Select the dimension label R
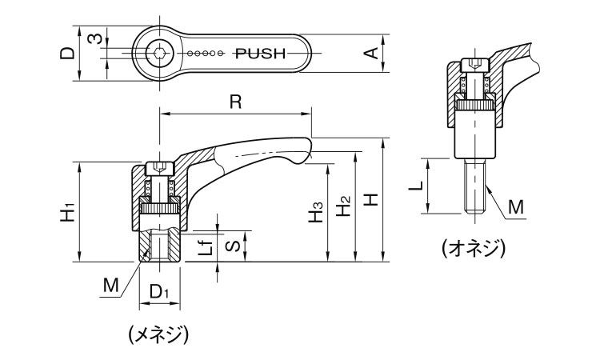234,102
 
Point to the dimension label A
370,54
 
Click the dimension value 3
94,39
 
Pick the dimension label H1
69,212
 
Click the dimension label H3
317,212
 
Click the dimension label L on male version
415,186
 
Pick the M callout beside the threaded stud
516,207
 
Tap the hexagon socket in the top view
160,54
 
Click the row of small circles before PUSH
207,54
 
